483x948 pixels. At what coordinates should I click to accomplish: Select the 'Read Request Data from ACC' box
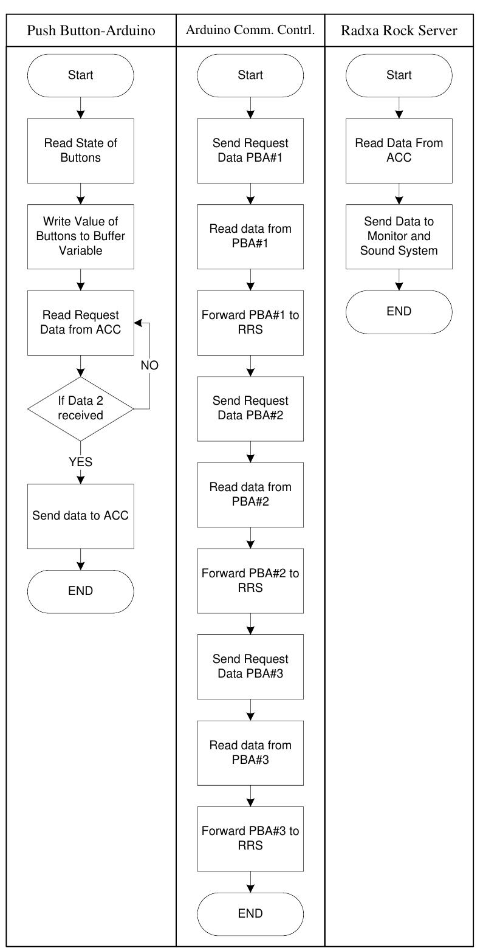click(80, 323)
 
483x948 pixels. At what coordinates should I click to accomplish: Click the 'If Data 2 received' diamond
click(80, 408)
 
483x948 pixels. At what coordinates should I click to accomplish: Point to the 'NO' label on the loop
click(150, 367)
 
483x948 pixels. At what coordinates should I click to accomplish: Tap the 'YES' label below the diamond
click(80, 462)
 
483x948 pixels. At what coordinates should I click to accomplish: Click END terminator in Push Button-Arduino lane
click(80, 591)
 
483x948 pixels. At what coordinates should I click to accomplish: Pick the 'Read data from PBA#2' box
click(250, 495)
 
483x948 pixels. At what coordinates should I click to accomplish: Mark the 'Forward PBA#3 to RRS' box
click(250, 838)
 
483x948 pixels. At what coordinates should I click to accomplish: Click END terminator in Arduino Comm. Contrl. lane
click(250, 913)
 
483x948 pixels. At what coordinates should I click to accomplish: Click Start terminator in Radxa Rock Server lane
click(399, 75)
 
